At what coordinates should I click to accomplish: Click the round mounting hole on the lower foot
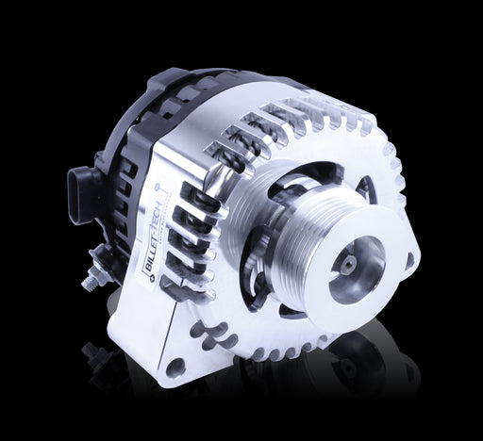click(175, 367)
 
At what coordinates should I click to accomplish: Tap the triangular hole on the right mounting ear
click(410, 260)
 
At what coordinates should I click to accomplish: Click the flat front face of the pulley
click(356, 270)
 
